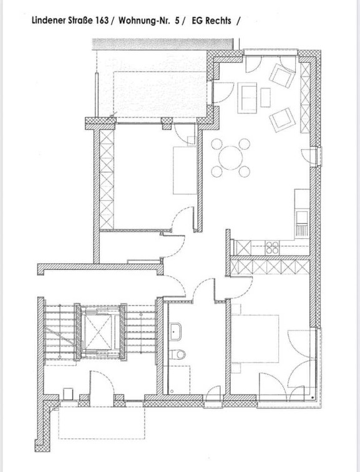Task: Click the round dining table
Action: click(x=231, y=157)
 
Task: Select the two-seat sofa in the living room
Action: click(x=247, y=98)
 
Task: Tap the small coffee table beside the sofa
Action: click(x=265, y=97)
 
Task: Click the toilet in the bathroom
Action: click(x=177, y=354)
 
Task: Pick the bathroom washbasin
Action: click(x=175, y=332)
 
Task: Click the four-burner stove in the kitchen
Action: click(x=272, y=248)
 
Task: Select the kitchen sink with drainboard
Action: click(x=302, y=223)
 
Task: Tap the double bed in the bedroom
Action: click(x=255, y=339)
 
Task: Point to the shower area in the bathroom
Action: click(x=178, y=380)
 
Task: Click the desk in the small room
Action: click(x=185, y=170)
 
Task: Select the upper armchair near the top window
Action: click(x=282, y=75)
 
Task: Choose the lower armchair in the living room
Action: click(x=282, y=120)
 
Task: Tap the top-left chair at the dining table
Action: click(x=217, y=144)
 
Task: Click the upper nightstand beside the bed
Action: click(x=236, y=309)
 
